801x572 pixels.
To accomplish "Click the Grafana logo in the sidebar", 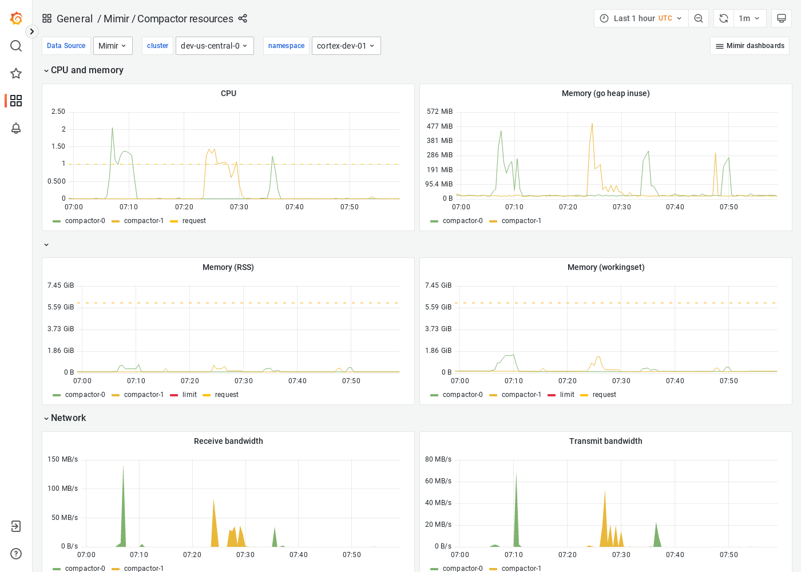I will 16,18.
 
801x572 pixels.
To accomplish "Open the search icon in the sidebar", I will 16,46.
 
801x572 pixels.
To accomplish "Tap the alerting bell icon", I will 16,128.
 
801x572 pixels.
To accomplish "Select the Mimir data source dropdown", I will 113,46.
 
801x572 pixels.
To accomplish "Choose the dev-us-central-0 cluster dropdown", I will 215,46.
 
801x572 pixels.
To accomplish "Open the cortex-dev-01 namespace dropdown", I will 346,46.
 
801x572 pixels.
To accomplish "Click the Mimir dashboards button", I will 750,46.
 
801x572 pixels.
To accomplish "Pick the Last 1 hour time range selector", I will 641,18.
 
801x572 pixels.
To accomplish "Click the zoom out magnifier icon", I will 699,18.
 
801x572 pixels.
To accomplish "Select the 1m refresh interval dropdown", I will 749,18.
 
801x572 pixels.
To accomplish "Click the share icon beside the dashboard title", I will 243,18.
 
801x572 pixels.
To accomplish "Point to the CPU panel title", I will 228,93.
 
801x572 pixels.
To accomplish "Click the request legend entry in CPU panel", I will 194,221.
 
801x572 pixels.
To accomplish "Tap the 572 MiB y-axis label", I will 439,112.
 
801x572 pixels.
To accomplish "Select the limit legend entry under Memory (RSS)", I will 189,395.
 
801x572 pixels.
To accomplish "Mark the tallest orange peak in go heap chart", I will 592,124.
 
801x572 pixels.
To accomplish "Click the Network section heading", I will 69,418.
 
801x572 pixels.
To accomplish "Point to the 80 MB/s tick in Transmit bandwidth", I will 438,459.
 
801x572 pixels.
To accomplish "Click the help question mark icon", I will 16,554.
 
